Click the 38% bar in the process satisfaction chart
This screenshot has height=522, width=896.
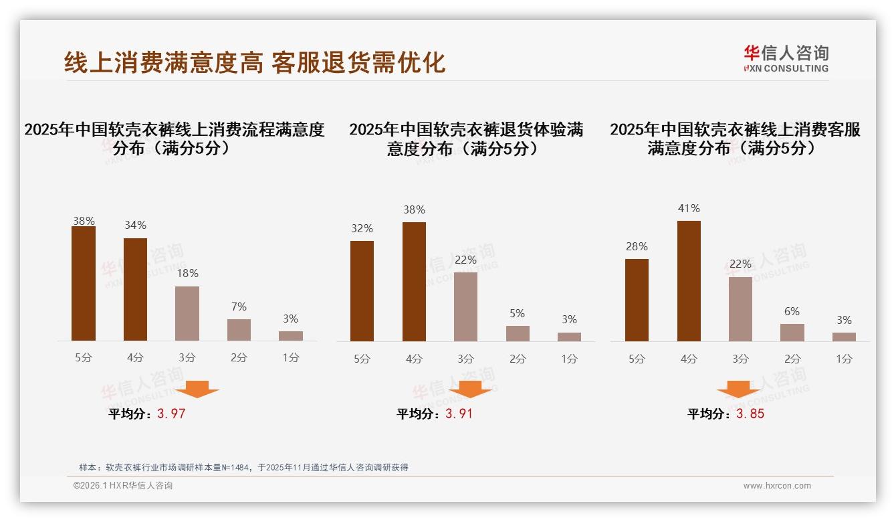pyautogui.click(x=84, y=284)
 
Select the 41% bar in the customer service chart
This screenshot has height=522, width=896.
pyautogui.click(x=689, y=281)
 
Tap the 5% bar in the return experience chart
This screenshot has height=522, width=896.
pyautogui.click(x=518, y=333)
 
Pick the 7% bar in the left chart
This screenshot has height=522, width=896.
pyautogui.click(x=239, y=330)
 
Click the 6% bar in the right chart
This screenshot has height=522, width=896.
pyautogui.click(x=792, y=333)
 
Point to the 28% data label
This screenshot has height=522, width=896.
pyautogui.click(x=637, y=247)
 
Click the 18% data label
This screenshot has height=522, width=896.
pyautogui.click(x=187, y=274)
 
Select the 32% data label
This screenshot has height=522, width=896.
pyautogui.click(x=362, y=229)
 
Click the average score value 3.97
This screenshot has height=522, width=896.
pyautogui.click(x=171, y=414)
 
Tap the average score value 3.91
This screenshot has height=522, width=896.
pyautogui.click(x=459, y=414)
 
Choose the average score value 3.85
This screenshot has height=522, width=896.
pyautogui.click(x=750, y=414)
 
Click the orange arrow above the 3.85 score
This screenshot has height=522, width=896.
pyautogui.click(x=738, y=390)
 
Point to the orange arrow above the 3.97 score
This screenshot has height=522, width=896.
pyautogui.click(x=197, y=389)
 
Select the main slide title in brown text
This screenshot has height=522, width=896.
pyautogui.click(x=255, y=62)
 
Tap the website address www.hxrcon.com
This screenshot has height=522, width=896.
pyautogui.click(x=777, y=486)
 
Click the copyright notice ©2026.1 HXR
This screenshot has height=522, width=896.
pyautogui.click(x=123, y=486)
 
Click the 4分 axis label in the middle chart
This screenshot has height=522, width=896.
pyautogui.click(x=414, y=359)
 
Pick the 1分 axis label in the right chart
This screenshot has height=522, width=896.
pyautogui.click(x=844, y=359)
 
